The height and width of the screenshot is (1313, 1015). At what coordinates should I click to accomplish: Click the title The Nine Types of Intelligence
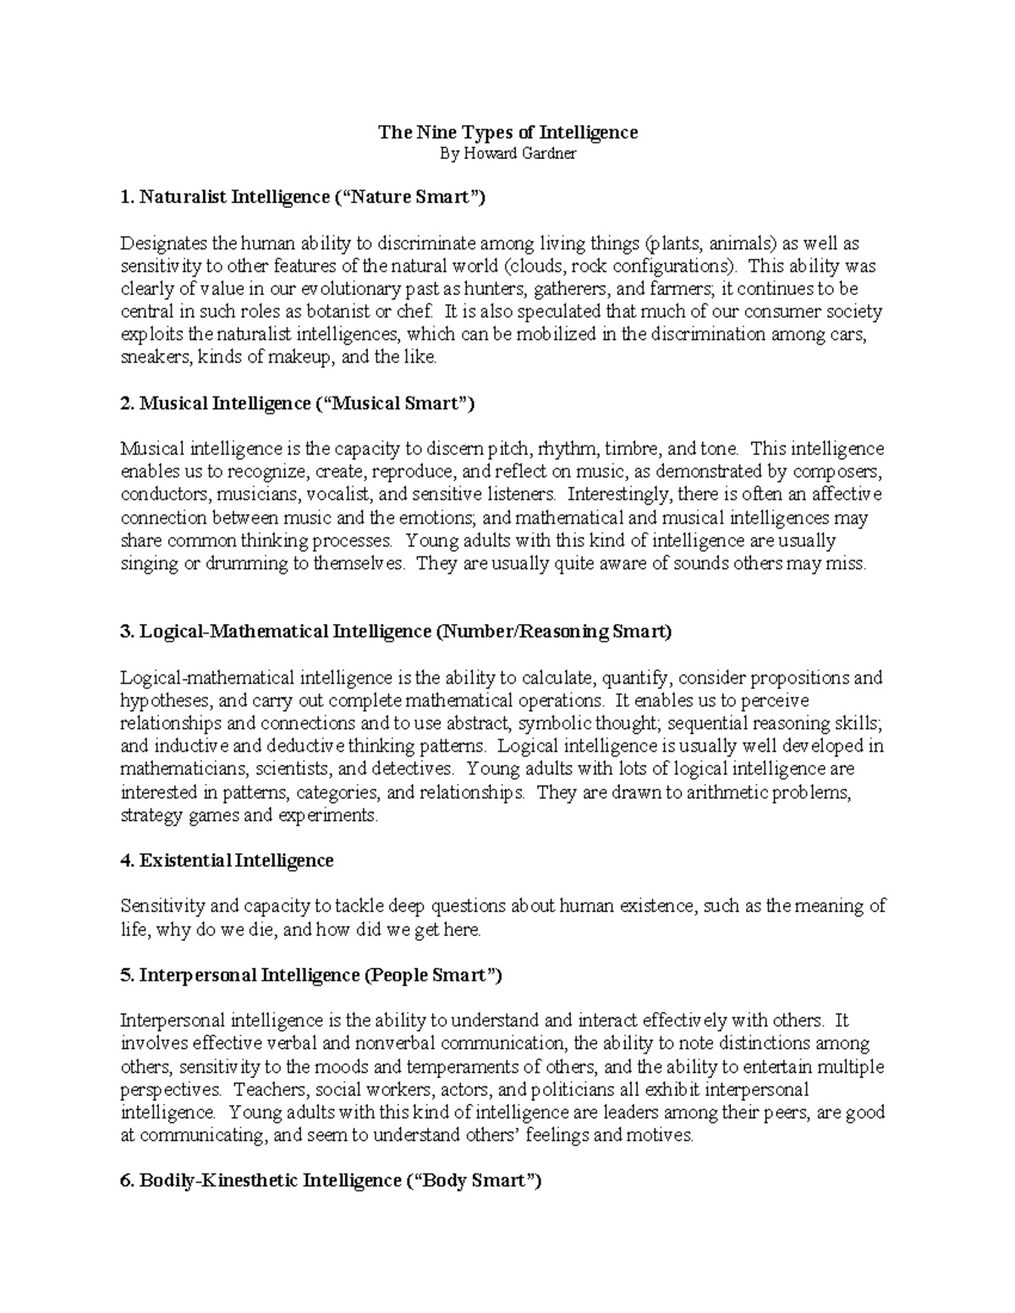[x=507, y=132]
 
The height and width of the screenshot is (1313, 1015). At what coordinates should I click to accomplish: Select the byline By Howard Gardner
[x=507, y=155]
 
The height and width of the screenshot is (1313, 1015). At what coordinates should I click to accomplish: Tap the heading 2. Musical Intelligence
[x=298, y=403]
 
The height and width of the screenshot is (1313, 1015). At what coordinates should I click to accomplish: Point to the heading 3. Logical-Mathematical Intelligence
[x=396, y=632]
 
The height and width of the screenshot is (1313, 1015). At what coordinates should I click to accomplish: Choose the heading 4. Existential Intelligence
[x=228, y=861]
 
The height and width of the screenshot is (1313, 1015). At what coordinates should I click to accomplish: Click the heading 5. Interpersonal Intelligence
[x=311, y=975]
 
